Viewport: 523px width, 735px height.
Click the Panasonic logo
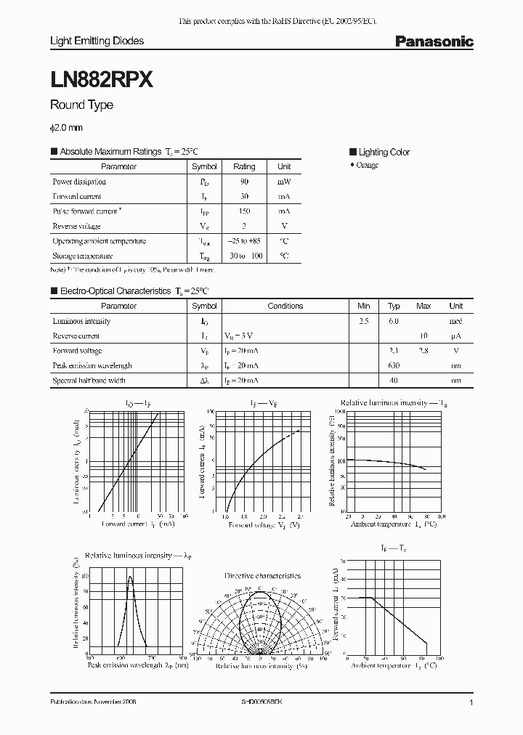(434, 42)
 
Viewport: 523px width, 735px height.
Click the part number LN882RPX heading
(101, 81)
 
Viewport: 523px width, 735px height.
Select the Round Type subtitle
(81, 105)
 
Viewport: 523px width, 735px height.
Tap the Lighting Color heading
(384, 153)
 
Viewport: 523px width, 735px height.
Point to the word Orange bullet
(367, 166)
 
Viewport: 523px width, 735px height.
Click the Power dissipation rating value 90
(244, 182)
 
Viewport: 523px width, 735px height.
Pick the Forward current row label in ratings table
(77, 197)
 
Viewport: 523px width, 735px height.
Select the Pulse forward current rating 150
(244, 211)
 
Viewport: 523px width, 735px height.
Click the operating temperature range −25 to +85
(244, 241)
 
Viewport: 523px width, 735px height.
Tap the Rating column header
(244, 167)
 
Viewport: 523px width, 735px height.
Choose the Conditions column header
(285, 306)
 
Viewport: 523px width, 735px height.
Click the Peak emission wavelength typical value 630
(394, 365)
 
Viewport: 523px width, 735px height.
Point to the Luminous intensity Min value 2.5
(363, 321)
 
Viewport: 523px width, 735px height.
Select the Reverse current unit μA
(455, 336)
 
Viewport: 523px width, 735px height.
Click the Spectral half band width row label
(89, 381)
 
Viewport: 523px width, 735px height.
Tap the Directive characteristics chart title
(262, 576)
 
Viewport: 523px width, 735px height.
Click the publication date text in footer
(93, 703)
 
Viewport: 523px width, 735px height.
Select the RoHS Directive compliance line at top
(277, 22)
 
